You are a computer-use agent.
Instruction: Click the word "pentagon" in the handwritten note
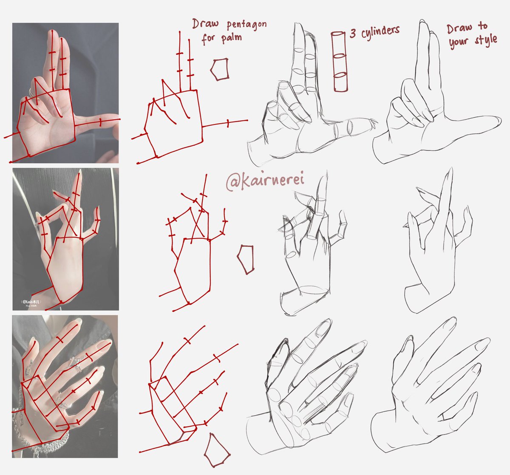[x=246, y=24]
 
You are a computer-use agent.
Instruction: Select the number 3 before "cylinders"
[x=353, y=34]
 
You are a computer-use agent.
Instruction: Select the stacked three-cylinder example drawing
[x=340, y=61]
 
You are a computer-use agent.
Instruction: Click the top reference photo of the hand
[x=65, y=93]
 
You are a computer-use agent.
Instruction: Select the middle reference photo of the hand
[x=65, y=239]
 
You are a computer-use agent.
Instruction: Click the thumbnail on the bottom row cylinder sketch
[x=283, y=350]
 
